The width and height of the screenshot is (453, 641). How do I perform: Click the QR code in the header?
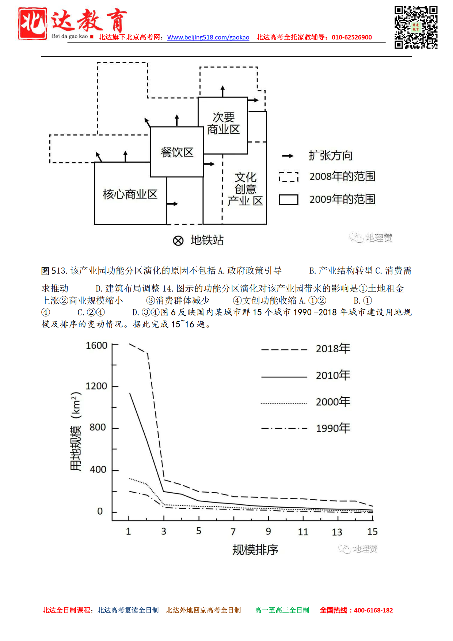coord(416,27)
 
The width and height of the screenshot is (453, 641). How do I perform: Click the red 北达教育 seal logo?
coord(33,23)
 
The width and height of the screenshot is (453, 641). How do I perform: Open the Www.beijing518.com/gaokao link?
coord(208,37)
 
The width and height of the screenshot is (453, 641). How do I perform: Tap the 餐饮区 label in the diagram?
coord(177,152)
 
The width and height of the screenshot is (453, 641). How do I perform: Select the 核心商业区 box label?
coord(130,194)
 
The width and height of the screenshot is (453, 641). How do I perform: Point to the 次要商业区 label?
coord(223,124)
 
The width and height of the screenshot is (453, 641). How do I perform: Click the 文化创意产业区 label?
coord(245,189)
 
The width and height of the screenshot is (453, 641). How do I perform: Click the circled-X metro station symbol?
coord(178,240)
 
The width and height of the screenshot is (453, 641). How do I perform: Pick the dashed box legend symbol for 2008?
coord(288,177)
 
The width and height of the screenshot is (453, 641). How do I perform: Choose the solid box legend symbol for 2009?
coord(288,200)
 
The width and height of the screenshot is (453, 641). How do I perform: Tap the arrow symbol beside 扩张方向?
coord(288,156)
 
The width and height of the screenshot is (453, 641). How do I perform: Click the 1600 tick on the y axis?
coord(96,345)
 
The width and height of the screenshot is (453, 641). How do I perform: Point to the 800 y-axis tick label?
coord(98,427)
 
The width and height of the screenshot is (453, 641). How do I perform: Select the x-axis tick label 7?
coord(233,532)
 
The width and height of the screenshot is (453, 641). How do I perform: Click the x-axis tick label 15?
coord(372,532)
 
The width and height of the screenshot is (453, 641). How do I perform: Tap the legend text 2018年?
coord(333,349)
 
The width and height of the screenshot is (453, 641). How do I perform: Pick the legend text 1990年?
coord(333,428)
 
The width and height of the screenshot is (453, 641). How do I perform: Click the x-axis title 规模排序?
coord(255,550)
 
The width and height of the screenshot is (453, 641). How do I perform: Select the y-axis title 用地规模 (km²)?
coord(76,432)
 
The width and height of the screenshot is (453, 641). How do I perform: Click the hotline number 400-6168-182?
coord(373,610)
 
